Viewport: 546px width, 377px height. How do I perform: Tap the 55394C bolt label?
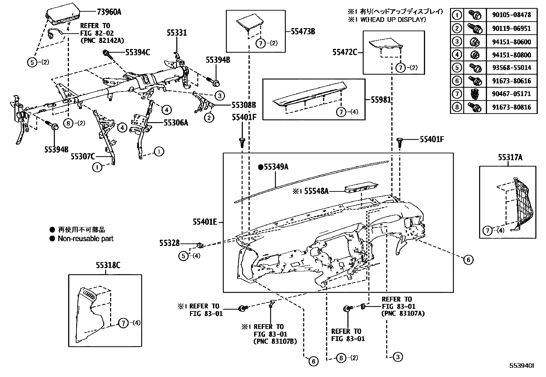pyautogui.click(x=137, y=52)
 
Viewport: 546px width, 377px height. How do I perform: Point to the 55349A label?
pyautogui.click(x=276, y=167)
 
